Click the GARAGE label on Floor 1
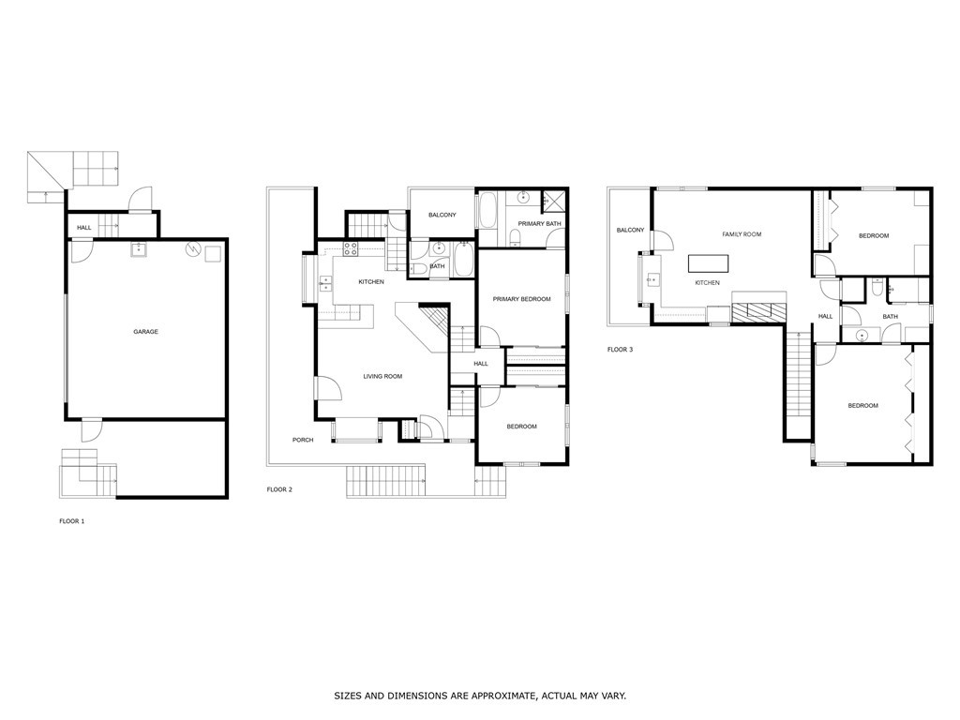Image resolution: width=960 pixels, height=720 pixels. pyautogui.click(x=145, y=332)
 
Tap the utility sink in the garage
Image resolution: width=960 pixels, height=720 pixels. pyautogui.click(x=139, y=249)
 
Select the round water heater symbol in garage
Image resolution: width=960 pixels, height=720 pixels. pyautogui.click(x=194, y=250)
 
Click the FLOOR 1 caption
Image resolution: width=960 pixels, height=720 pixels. pyautogui.click(x=72, y=520)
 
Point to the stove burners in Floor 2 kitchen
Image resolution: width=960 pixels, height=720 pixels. pyautogui.click(x=352, y=248)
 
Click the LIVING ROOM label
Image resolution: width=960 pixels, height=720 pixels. pyautogui.click(x=382, y=376)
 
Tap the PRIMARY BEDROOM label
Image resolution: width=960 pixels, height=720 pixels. pyautogui.click(x=522, y=299)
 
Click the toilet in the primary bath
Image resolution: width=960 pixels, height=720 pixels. pyautogui.click(x=514, y=235)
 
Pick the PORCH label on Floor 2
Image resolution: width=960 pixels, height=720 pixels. pyautogui.click(x=302, y=440)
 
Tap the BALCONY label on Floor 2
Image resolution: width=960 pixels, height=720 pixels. pyautogui.click(x=442, y=216)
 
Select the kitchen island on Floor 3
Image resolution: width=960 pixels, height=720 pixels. pyautogui.click(x=707, y=262)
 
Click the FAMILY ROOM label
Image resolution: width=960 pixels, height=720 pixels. pyautogui.click(x=741, y=233)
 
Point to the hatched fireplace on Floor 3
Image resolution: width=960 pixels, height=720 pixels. pyautogui.click(x=759, y=312)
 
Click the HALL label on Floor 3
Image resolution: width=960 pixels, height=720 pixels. pyautogui.click(x=825, y=316)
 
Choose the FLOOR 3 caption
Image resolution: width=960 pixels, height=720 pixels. pyautogui.click(x=620, y=350)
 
